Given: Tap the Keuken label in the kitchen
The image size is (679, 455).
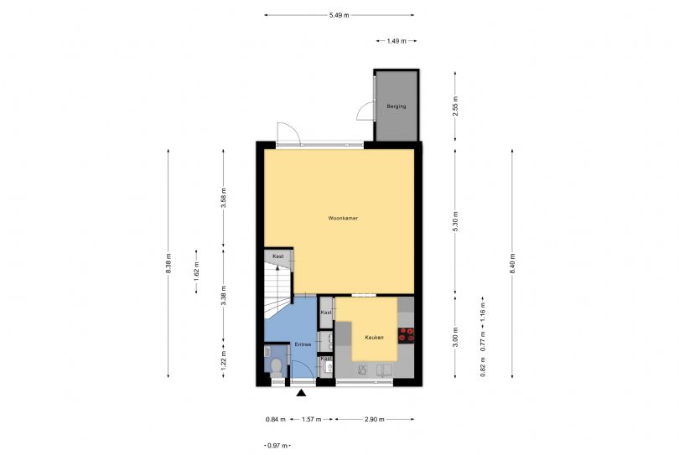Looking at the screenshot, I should click(374, 338).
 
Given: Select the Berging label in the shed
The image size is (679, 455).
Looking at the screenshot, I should click(396, 106).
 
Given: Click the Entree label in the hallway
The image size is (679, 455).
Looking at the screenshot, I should click(303, 344).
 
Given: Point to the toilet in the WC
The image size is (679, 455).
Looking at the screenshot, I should click(276, 365).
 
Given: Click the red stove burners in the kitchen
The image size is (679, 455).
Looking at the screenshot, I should click(407, 333).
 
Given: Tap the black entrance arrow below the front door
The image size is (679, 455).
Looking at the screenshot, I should click(301, 392).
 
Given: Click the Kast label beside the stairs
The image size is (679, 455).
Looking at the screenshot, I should click(277, 256).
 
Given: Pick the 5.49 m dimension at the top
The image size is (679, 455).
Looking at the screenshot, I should click(339, 15).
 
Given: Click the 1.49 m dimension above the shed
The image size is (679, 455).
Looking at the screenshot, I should click(397, 40).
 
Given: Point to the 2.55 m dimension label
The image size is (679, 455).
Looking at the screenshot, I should click(455, 106).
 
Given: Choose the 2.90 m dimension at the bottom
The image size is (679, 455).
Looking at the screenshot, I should click(375, 418).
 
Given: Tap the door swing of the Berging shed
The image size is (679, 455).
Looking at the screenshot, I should click(365, 109).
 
